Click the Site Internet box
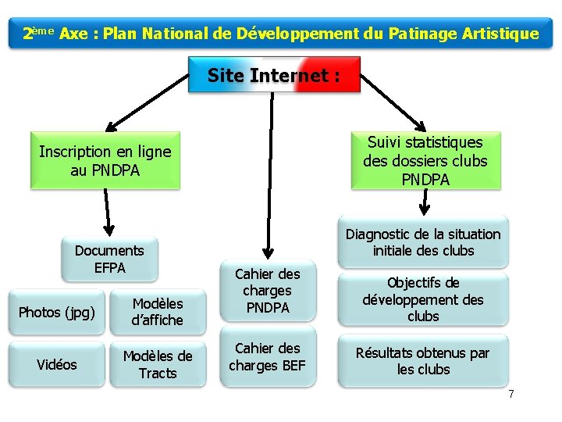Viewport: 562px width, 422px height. pyautogui.click(x=274, y=76)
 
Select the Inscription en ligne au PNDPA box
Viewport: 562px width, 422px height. pyautogui.click(x=105, y=160)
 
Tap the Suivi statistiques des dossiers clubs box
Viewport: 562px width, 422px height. pyautogui.click(x=425, y=160)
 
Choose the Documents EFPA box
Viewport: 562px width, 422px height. pyautogui.click(x=109, y=259)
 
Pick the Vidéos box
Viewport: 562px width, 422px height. pyautogui.click(x=57, y=365)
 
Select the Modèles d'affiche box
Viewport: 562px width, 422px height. pyautogui.click(x=158, y=312)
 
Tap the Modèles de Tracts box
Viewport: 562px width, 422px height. pyautogui.click(x=158, y=364)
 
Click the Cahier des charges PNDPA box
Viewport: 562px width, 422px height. pyautogui.click(x=268, y=291)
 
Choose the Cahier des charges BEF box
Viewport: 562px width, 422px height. pyautogui.click(x=268, y=356)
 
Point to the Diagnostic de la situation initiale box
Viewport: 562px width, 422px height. pyautogui.click(x=423, y=242)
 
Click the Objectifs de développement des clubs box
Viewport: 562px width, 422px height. pyautogui.click(x=423, y=299)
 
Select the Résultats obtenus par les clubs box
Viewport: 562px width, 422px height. pyautogui.click(x=423, y=360)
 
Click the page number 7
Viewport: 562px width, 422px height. pyautogui.click(x=511, y=393)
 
